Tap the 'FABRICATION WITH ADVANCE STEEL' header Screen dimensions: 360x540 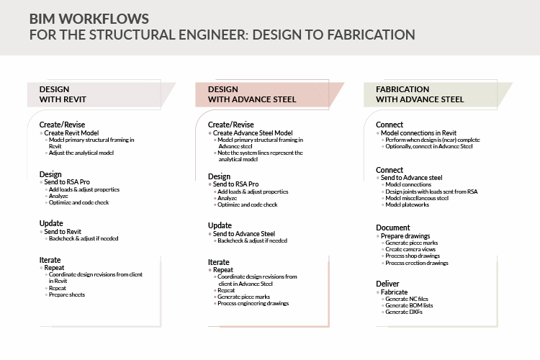[420, 94]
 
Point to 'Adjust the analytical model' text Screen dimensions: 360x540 [82, 153]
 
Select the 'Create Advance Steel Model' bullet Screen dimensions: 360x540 [253, 133]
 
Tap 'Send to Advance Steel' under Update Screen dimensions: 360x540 [244, 233]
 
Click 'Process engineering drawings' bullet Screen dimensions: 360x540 [253, 303]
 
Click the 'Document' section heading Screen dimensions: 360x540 [393, 228]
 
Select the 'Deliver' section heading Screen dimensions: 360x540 [389, 284]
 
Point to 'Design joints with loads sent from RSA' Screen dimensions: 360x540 [431, 191]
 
